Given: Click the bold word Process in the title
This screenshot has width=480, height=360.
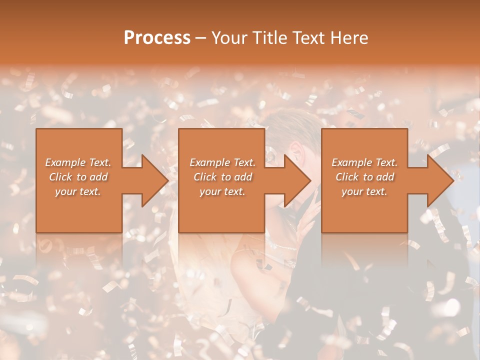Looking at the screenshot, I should point(157,38).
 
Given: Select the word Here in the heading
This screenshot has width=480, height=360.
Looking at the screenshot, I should point(350,38).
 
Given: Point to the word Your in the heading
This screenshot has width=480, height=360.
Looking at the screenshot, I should point(229,38).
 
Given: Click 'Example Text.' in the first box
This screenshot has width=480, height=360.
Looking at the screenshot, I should point(78,162).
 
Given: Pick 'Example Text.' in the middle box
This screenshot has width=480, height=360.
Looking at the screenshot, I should point(222,162).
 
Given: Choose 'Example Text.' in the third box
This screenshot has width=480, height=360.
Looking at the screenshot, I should point(364,162).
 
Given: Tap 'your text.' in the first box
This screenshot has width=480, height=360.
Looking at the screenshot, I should point(78,191).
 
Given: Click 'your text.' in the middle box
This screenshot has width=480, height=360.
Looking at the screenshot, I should point(222,191).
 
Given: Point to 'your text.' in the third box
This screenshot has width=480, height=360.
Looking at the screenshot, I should point(364,191).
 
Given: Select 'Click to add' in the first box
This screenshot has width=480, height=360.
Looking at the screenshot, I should point(78,177).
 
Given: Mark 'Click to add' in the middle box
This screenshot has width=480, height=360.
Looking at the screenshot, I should point(222,177).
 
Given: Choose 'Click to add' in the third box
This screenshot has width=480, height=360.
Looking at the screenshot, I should point(364,177).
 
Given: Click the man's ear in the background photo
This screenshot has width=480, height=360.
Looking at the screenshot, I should point(296,149).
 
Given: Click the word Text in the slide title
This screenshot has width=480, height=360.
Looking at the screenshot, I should point(309,38).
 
